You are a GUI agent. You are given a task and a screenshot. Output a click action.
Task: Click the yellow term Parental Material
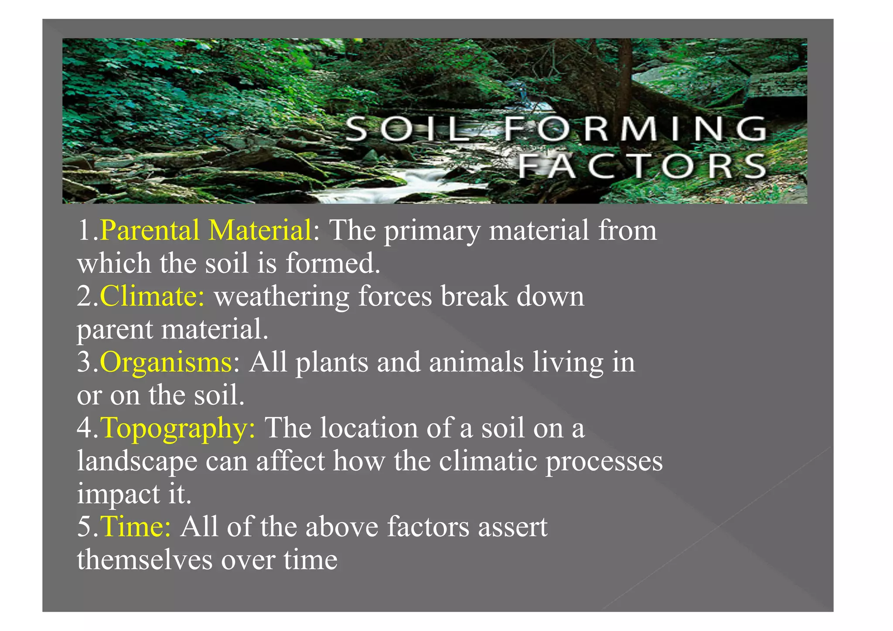tap(206, 230)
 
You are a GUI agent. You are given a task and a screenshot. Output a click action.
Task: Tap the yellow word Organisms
tap(166, 362)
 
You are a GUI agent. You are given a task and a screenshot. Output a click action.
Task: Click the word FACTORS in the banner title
tap(642, 166)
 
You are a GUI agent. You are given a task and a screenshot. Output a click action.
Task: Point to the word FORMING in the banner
tap(635, 129)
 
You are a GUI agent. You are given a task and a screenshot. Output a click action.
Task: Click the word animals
tap(476, 362)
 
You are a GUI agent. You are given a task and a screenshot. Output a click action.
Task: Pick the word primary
tap(432, 231)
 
